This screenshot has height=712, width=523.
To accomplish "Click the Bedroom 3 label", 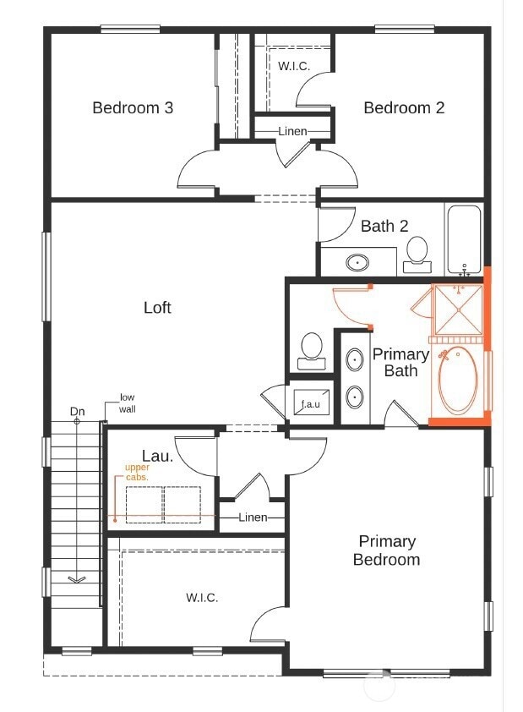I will tap(133, 107).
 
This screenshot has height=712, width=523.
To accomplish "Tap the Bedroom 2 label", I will tap(404, 107).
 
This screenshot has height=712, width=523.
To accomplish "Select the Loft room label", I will tap(157, 308).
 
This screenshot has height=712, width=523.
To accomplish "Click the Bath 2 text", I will tap(384, 226).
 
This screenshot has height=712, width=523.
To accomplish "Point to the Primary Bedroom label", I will tap(386, 550).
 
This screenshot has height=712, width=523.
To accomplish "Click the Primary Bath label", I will tap(400, 362).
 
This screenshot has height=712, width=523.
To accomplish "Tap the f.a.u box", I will tap(311, 404).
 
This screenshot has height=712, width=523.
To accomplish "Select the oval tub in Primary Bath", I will tap(458, 381).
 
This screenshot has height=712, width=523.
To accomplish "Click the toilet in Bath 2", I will tap(417, 253).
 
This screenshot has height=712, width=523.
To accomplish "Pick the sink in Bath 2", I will tap(358, 262).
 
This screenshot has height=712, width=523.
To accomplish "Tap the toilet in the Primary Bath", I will tap(312, 348).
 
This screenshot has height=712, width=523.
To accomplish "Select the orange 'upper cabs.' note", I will tap(137, 472).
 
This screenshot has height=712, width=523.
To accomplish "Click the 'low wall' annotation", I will tap(127, 403).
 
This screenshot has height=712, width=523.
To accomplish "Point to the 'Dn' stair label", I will tap(77, 412).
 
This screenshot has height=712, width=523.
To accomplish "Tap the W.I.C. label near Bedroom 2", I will tap(293, 65).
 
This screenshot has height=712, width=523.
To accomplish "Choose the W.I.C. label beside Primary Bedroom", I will tap(202, 598).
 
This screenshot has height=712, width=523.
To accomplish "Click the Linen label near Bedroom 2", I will tap(292, 131).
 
